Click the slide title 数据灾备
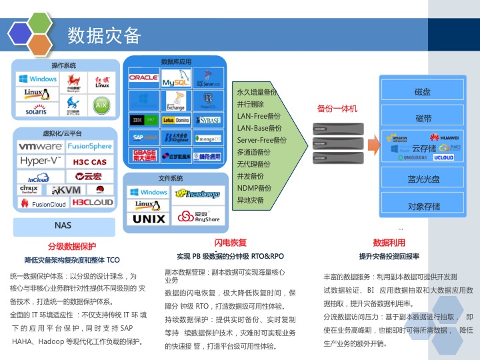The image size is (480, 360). [105, 35]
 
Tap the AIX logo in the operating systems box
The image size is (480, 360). [101, 105]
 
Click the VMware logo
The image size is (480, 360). [41, 146]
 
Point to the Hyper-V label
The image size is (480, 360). [41, 161]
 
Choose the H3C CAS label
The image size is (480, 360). [89, 162]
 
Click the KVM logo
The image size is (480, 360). [65, 190]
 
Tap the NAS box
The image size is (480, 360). [63, 225]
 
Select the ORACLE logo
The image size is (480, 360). [143, 78]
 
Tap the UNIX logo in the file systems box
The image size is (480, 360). [149, 219]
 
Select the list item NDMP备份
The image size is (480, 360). [255, 189]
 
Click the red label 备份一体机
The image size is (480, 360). [337, 108]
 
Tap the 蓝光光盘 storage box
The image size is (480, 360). [423, 179]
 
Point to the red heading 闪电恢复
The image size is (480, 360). [230, 242]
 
